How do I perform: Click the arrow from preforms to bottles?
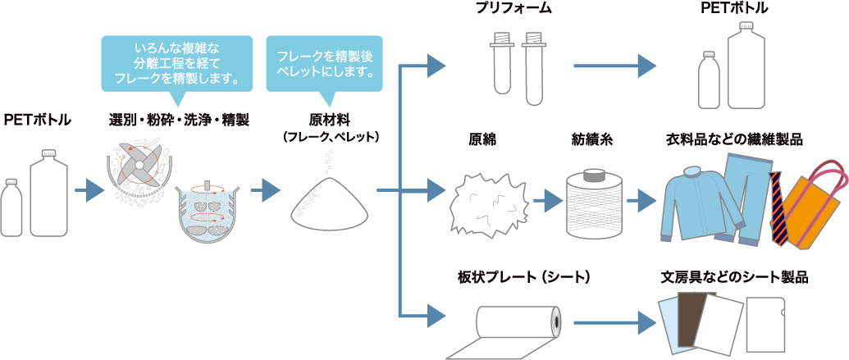614,66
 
